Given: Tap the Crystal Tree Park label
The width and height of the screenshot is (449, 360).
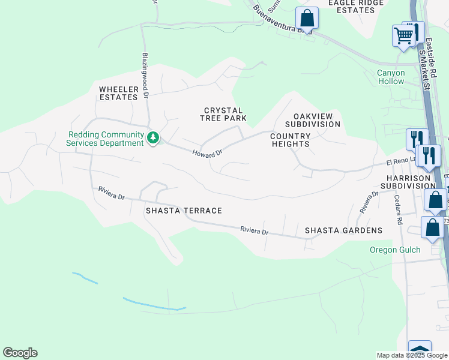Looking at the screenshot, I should point(223,114).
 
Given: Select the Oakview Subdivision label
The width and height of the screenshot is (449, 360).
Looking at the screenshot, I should point(317,120).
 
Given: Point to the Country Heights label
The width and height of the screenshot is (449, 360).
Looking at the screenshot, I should point(291,140).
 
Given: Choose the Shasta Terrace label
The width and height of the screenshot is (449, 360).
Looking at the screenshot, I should point(184,211).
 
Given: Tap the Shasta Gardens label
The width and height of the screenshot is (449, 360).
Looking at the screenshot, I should point(343,230).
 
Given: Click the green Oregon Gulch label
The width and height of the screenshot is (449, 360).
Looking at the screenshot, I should point(394,250).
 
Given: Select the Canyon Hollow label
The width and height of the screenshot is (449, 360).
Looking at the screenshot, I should point(391,77).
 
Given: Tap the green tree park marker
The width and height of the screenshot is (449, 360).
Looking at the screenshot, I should point(154,139).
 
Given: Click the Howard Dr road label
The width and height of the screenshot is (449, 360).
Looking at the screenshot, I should point(207,153).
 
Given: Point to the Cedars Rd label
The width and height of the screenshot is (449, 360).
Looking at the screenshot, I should point(398,209).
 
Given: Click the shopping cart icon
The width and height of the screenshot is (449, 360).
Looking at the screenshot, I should point(403,36).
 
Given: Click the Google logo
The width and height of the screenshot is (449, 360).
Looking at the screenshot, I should point(20,353).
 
